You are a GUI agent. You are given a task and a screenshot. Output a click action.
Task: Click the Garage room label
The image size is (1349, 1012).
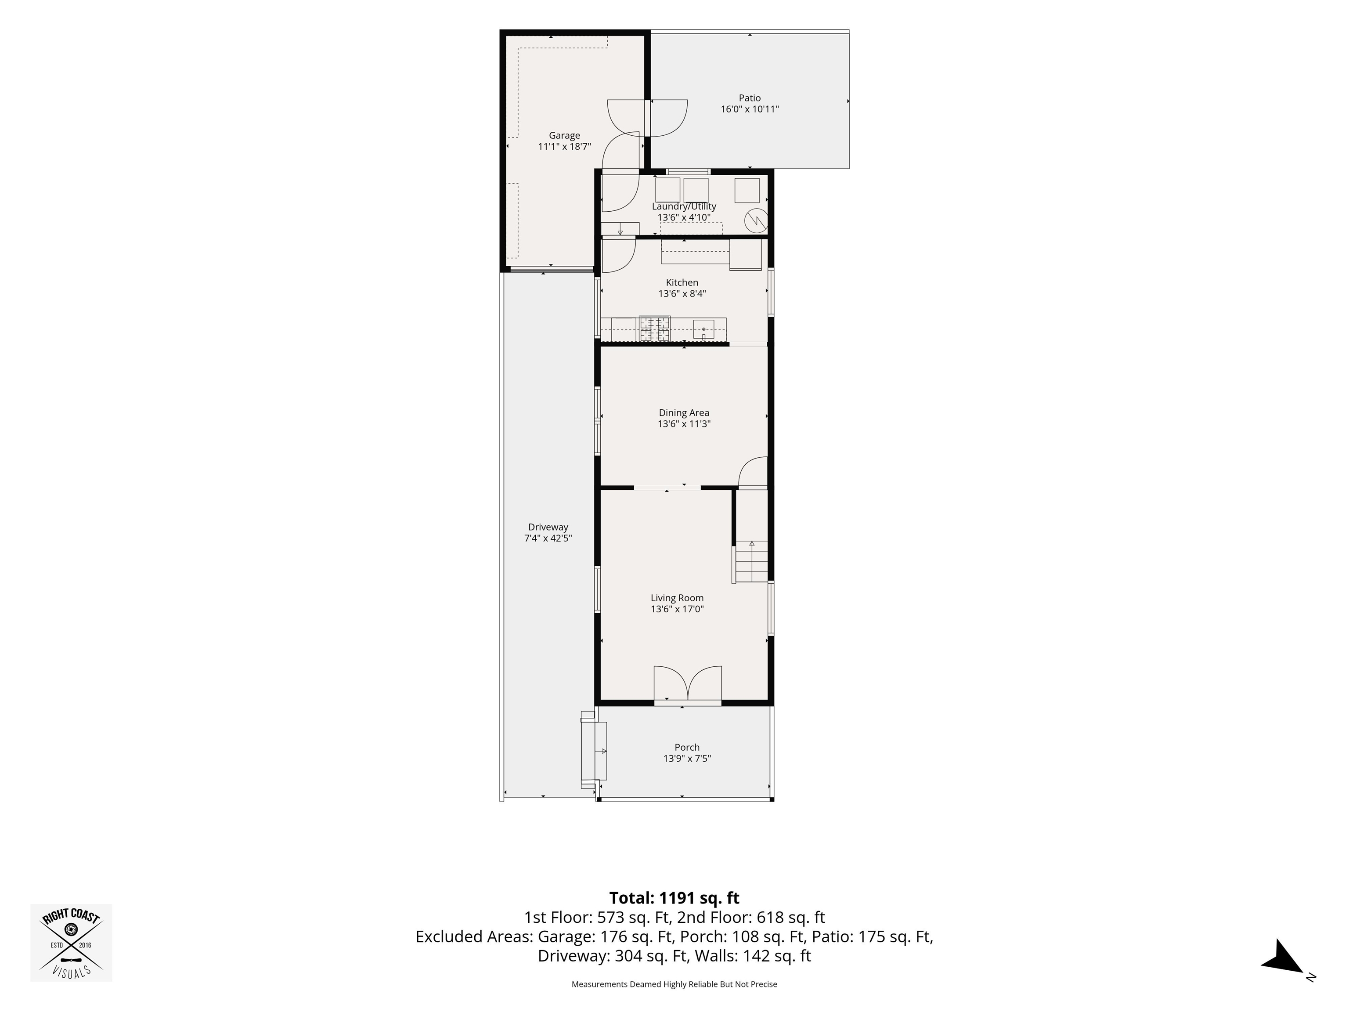564,135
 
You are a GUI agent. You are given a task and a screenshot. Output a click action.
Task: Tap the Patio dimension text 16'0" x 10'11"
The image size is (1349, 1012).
750,109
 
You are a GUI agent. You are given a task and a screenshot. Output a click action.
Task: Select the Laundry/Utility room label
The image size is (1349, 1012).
684,206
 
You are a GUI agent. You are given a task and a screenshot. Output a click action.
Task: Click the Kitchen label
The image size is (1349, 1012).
682,282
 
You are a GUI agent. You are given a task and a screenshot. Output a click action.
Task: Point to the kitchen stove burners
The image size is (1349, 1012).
654,329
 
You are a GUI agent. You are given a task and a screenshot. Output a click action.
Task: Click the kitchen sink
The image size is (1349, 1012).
703,329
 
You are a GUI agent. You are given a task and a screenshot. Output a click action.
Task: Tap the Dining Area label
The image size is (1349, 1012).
684,413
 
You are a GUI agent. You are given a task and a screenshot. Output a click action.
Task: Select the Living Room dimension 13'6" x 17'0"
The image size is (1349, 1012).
677,609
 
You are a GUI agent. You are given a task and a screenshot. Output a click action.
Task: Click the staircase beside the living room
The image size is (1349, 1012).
751,562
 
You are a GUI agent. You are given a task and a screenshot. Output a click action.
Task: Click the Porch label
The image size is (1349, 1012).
687,747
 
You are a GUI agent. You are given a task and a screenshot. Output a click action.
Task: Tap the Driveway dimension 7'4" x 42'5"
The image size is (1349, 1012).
548,538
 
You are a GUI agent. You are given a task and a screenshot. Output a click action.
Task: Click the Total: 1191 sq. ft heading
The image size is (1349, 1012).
674,898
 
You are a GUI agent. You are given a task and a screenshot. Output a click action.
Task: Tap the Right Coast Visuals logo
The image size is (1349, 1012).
71,943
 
